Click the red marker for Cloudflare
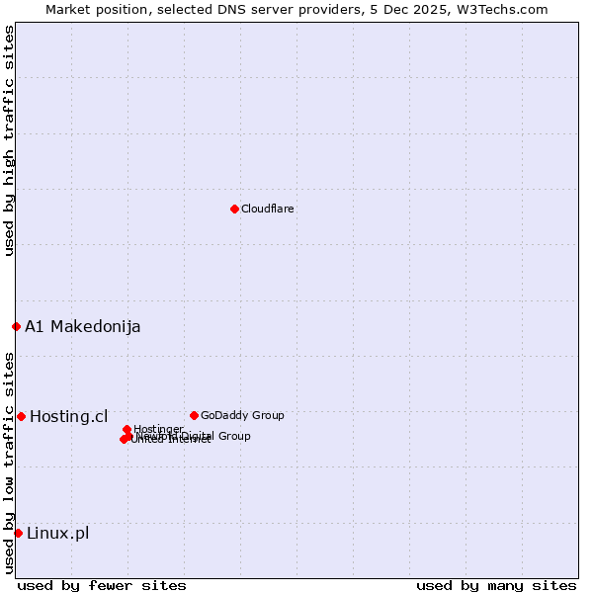(234, 209)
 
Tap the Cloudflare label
(268, 210)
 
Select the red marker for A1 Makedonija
(16, 326)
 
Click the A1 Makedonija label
(83, 327)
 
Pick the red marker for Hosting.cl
(21, 416)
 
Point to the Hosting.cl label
(69, 417)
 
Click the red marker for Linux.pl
(18, 534)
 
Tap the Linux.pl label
(57, 534)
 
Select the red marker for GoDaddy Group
(194, 415)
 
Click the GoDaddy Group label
(242, 416)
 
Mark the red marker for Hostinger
(127, 429)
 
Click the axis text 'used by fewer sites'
(102, 585)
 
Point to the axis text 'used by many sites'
(496, 585)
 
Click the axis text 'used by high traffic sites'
(9, 140)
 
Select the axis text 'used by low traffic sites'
(9, 463)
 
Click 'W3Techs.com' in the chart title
(506, 9)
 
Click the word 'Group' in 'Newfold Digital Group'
(233, 436)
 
